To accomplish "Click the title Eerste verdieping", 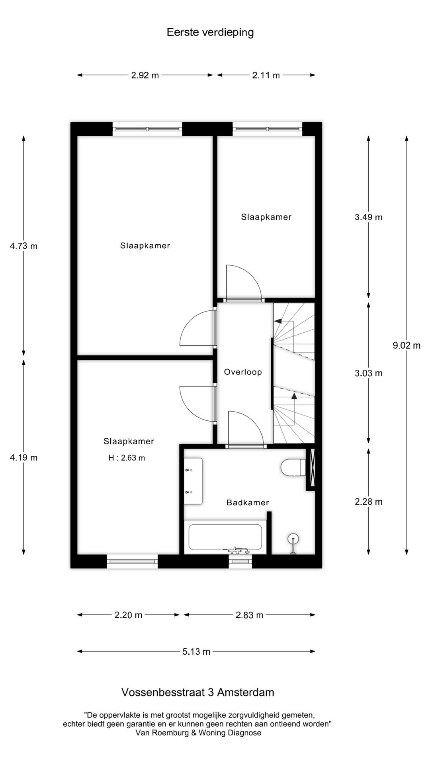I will (x=210, y=32).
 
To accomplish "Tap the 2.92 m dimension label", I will (x=145, y=75).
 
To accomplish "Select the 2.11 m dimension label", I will (x=266, y=75).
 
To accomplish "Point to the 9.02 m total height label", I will (x=407, y=345).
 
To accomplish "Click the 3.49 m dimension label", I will (x=368, y=217).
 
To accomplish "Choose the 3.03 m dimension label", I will (x=368, y=373).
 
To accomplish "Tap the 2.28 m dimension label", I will (x=368, y=502).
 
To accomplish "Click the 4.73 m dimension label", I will (x=23, y=246).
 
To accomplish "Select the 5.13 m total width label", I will (x=196, y=651).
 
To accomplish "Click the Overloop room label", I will (x=243, y=372).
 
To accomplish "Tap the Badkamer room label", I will (x=248, y=502).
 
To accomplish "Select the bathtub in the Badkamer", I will (x=225, y=537).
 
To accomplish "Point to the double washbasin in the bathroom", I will (x=193, y=481).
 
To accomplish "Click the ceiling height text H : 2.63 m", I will (x=127, y=458).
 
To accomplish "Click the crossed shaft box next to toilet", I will (x=312, y=467).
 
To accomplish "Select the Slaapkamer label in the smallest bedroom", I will (x=266, y=217).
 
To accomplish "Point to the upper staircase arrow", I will (x=279, y=321).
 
